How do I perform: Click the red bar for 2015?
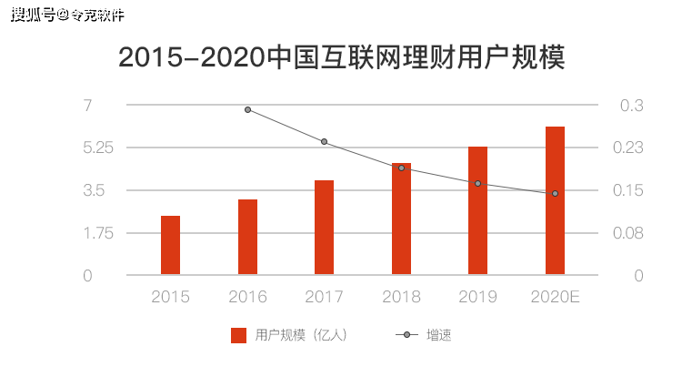click(x=170, y=245)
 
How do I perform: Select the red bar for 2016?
click(x=247, y=237)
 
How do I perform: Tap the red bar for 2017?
click(x=324, y=227)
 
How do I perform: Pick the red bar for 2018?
click(x=401, y=219)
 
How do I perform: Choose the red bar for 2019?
click(x=477, y=210)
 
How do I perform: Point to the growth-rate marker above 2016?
click(x=247, y=109)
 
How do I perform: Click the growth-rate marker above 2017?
click(x=324, y=141)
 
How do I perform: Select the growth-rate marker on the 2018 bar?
click(x=401, y=168)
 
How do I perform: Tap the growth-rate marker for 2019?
click(x=477, y=183)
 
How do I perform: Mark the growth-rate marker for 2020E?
click(x=555, y=193)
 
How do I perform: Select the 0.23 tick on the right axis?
click(x=631, y=148)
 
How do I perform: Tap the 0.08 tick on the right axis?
click(x=631, y=233)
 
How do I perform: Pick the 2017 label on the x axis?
click(x=324, y=297)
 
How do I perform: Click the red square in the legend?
click(x=239, y=335)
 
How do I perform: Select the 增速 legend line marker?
click(x=406, y=335)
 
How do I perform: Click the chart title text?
click(x=342, y=57)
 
